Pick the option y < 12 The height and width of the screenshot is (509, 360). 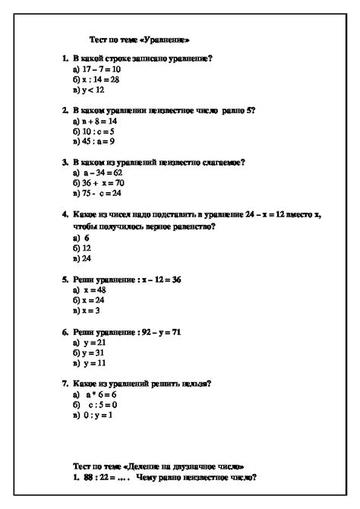87,89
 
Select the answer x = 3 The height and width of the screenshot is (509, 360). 87,311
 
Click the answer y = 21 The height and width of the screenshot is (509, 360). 90,343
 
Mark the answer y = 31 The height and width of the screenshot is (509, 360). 88,353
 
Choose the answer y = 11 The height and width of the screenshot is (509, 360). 90,363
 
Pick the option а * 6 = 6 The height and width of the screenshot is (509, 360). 96,395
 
